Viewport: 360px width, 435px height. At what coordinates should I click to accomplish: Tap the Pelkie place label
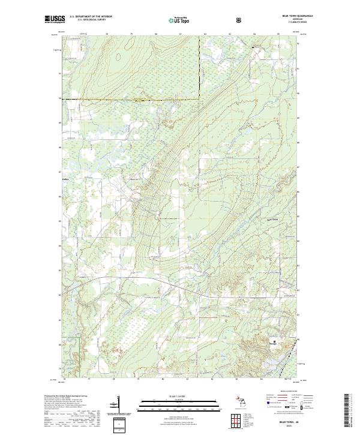tap(66, 178)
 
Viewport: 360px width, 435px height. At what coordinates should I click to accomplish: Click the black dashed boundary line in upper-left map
tap(132, 98)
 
